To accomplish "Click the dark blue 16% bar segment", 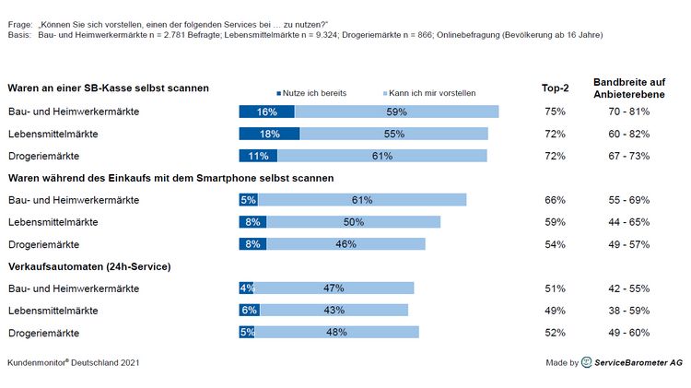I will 266,112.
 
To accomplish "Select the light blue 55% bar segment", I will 394,134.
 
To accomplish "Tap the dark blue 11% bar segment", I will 258,156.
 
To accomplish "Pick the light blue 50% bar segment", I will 353,222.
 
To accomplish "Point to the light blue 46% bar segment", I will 345,244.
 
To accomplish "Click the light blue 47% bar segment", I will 334,288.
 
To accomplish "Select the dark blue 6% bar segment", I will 249,311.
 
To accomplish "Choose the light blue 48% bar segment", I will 337,333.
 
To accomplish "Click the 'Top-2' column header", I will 555,88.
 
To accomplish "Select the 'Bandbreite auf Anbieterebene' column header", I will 628,88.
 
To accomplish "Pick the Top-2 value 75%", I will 555,112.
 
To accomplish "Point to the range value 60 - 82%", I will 628,134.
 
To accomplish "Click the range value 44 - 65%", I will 628,222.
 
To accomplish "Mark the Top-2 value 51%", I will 555,288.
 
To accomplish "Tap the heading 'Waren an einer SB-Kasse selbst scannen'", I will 108,88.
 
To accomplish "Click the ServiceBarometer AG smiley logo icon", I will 587,363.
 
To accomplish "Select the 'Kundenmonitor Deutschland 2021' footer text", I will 74,363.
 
